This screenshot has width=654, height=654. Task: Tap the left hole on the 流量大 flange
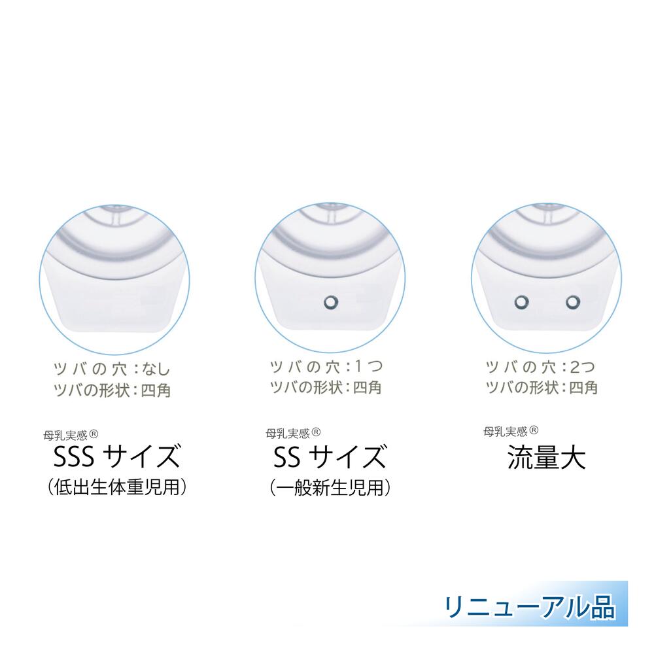click(x=521, y=301)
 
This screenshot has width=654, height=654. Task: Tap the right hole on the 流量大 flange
click(x=574, y=301)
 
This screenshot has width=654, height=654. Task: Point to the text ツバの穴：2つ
click(x=540, y=366)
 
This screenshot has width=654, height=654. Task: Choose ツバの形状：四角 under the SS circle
click(x=326, y=387)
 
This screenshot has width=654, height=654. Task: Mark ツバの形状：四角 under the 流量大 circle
click(x=540, y=387)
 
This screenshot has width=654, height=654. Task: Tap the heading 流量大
click(x=547, y=457)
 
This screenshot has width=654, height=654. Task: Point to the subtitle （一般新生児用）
click(x=330, y=487)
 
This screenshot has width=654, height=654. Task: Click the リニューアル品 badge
click(x=530, y=606)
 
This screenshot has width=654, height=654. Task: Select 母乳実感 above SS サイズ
click(x=286, y=432)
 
